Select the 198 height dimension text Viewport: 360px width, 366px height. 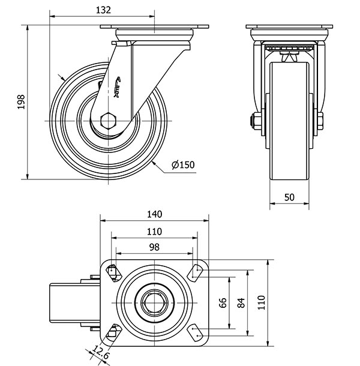(21, 103)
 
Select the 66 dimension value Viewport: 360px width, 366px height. (223, 304)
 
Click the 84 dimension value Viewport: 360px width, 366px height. (241, 304)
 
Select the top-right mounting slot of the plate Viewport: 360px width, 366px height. (195, 272)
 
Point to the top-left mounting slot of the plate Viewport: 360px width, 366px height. (112, 273)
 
